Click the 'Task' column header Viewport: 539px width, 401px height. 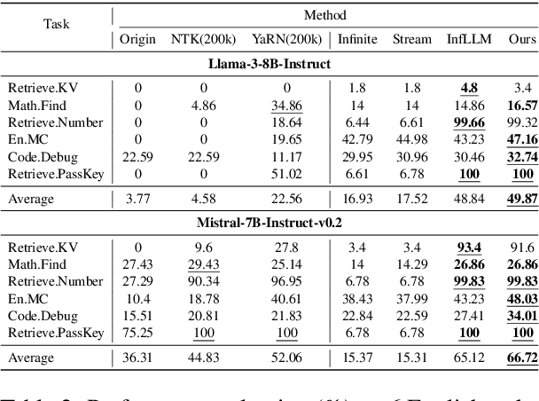(x=58, y=25)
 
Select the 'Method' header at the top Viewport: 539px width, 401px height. (x=326, y=16)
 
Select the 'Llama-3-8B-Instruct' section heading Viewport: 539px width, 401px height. (x=270, y=65)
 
